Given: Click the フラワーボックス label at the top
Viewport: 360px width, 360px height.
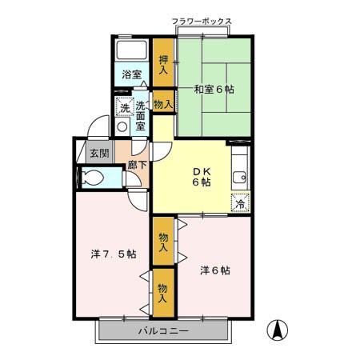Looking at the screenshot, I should [202, 21].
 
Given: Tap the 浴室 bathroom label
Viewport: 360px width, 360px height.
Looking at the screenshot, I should [132, 74].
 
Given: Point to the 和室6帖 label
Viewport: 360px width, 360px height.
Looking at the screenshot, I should [214, 90].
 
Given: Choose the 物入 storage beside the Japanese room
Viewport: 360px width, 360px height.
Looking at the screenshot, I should [163, 104].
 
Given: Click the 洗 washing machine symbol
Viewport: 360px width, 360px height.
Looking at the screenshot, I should [124, 108].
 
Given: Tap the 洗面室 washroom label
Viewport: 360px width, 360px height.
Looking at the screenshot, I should [141, 114].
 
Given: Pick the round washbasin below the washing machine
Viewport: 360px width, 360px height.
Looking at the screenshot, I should [122, 126].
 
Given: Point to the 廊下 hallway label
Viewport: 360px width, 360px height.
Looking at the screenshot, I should [137, 166].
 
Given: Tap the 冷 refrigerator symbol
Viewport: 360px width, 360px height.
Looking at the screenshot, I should [239, 203].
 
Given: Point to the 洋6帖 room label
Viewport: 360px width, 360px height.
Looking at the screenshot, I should [214, 270].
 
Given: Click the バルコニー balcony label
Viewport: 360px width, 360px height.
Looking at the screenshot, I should [162, 331].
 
